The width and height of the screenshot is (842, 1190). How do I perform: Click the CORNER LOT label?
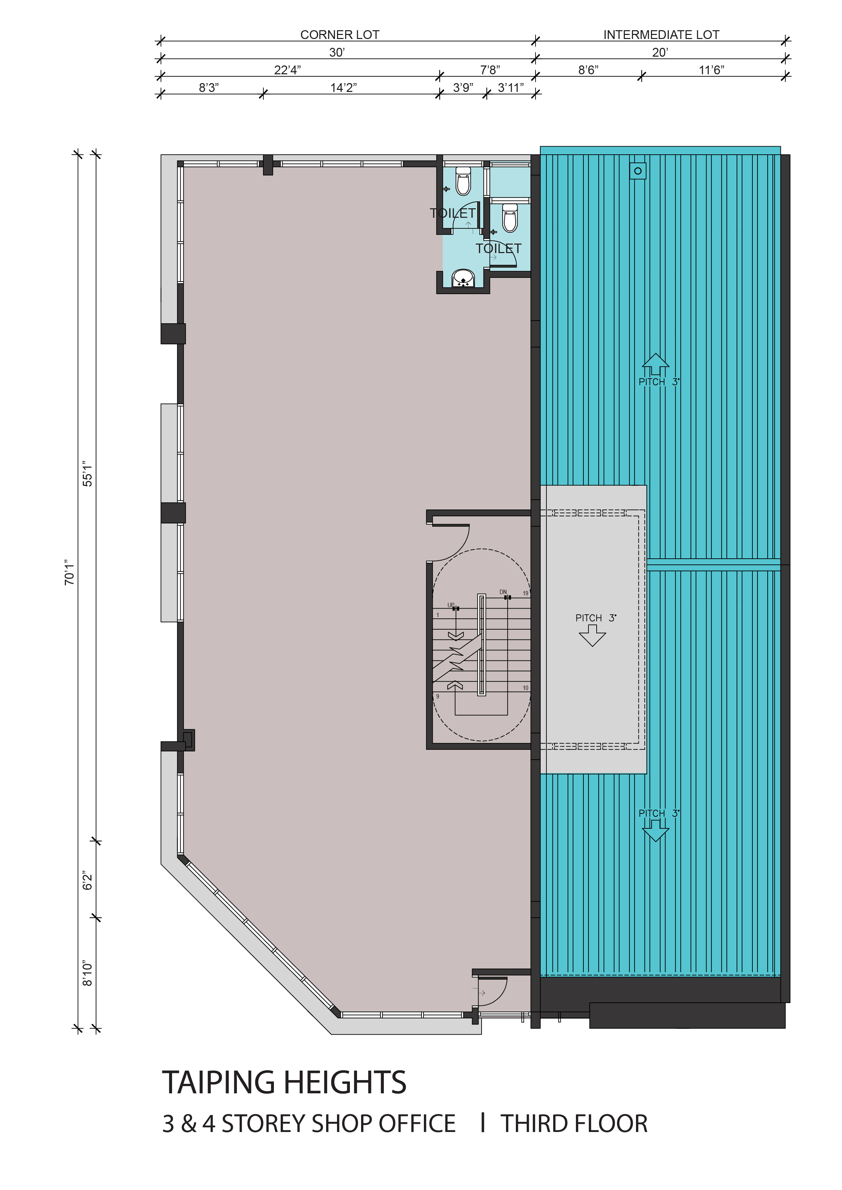click(x=340, y=35)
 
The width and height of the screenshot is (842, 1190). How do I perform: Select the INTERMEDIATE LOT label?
click(x=661, y=35)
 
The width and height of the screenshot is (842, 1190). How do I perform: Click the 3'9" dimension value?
click(x=463, y=88)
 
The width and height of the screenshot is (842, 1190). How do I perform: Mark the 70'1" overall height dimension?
click(x=70, y=572)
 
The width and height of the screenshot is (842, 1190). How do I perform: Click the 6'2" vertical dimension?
click(x=87, y=881)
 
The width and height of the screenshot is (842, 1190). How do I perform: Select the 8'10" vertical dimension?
click(x=87, y=974)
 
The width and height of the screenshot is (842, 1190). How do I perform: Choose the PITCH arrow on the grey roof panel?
click(x=592, y=635)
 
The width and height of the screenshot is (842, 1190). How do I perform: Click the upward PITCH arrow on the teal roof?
click(x=655, y=364)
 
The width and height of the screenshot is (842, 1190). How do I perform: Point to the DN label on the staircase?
click(x=503, y=592)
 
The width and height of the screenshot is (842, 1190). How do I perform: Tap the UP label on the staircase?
click(x=451, y=605)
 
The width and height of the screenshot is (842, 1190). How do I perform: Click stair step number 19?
click(x=525, y=593)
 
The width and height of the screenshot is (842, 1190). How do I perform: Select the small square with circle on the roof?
click(x=638, y=171)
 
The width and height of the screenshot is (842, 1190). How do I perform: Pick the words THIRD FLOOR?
click(x=574, y=1124)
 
